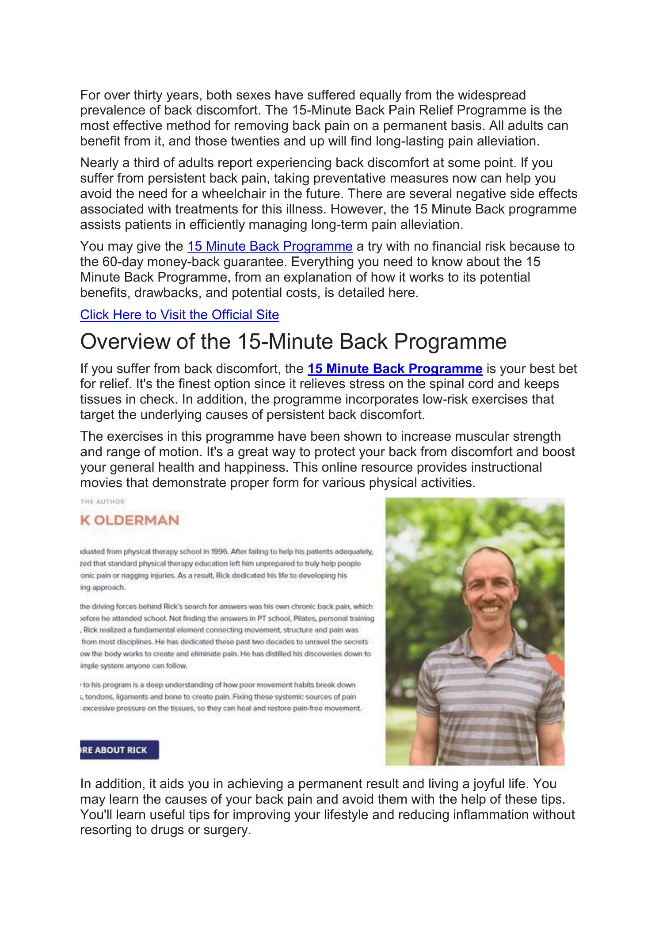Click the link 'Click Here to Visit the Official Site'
click(179, 315)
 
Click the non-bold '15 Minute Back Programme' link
click(270, 246)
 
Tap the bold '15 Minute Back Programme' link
click(394, 369)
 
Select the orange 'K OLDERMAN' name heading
click(130, 520)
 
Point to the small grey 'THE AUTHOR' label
click(103, 502)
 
